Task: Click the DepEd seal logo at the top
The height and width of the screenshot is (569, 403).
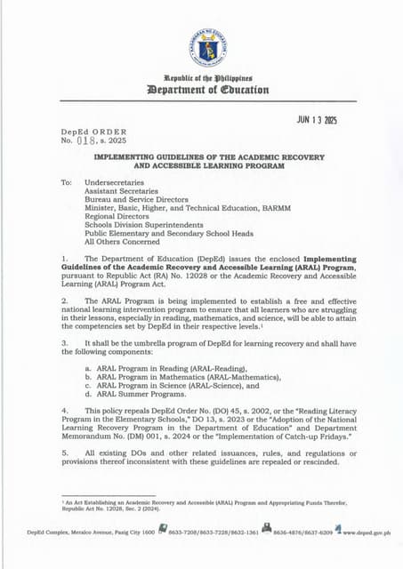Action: [206, 49]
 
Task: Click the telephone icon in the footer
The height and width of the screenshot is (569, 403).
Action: [163, 531]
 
